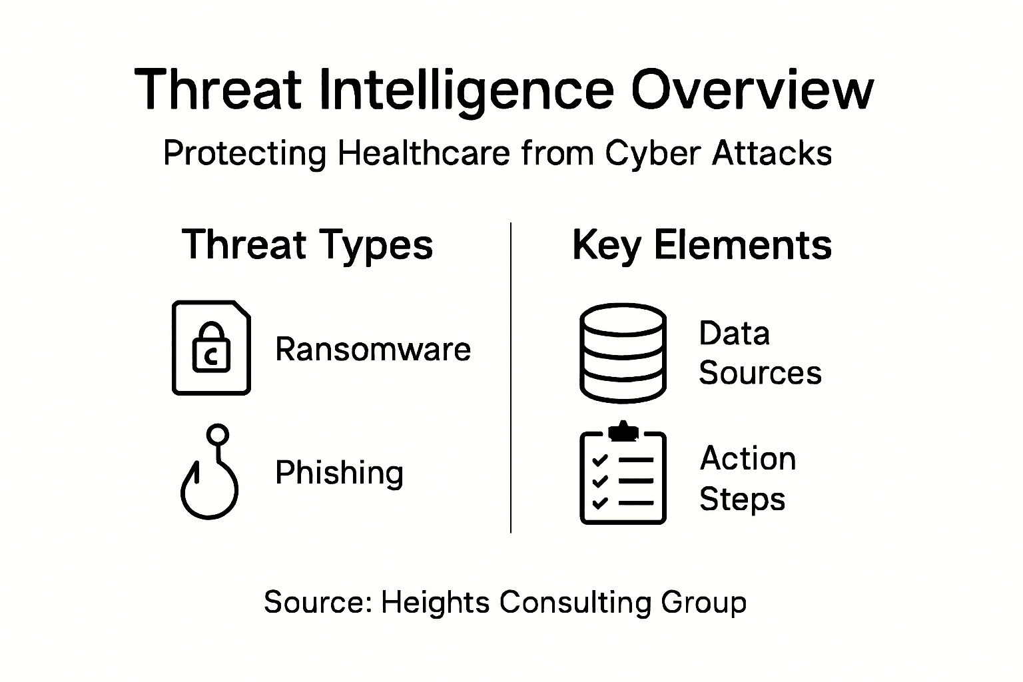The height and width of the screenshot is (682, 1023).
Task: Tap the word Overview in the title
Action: [752, 89]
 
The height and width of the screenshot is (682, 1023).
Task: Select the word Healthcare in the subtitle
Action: [424, 153]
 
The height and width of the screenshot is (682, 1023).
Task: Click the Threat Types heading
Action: [307, 245]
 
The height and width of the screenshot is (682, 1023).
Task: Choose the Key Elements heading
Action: [702, 245]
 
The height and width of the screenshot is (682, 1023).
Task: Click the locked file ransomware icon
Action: [211, 348]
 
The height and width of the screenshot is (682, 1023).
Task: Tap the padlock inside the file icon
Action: [211, 347]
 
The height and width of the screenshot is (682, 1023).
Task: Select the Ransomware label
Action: [373, 350]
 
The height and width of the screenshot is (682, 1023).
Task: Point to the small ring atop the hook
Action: [217, 434]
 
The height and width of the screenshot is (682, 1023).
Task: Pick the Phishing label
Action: [339, 474]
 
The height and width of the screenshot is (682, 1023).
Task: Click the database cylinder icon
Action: [623, 353]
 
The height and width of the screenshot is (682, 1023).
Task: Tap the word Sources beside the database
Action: [760, 373]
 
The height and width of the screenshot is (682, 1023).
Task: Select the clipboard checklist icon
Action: [623, 473]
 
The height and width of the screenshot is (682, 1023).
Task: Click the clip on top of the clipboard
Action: [623, 431]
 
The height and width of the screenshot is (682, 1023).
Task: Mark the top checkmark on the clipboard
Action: [599, 460]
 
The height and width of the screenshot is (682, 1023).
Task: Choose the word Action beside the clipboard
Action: [748, 458]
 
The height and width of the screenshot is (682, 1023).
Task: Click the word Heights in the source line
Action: [435, 603]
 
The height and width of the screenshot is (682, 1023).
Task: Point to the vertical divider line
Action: [511, 378]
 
